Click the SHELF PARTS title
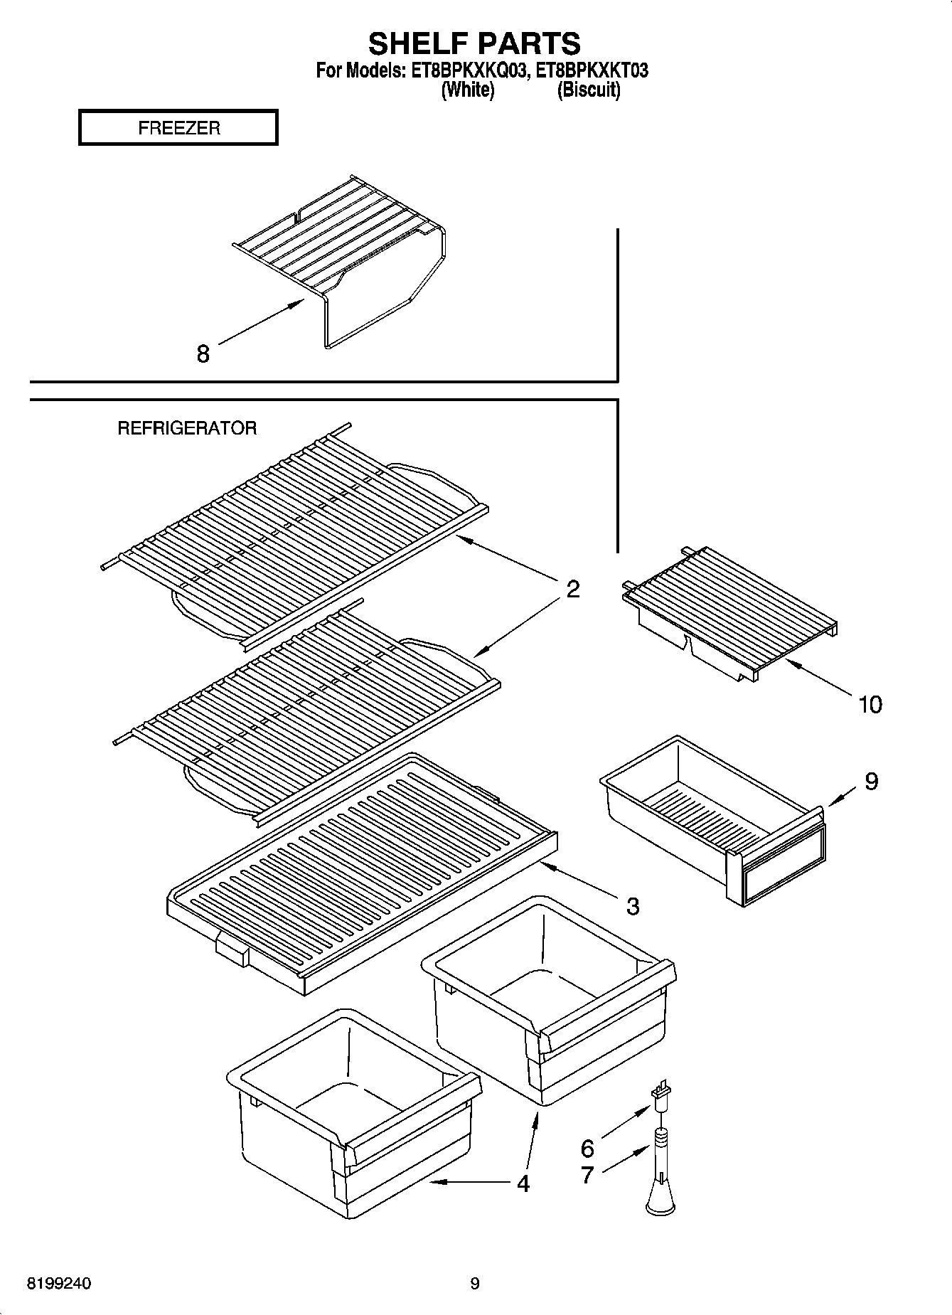coord(474,44)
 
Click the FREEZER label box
coord(178,128)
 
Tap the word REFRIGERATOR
coord(187,428)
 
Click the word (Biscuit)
coord(589,90)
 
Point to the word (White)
coord(467,90)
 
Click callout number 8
coord(203,353)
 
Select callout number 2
coord(573,588)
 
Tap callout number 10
coord(870,704)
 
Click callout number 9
coord(871,781)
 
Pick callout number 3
coord(632,906)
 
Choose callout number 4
coord(523,1183)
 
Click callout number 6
coord(587,1148)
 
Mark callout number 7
coord(587,1175)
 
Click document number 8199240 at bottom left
coord(60,1284)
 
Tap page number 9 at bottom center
coord(475,1284)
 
